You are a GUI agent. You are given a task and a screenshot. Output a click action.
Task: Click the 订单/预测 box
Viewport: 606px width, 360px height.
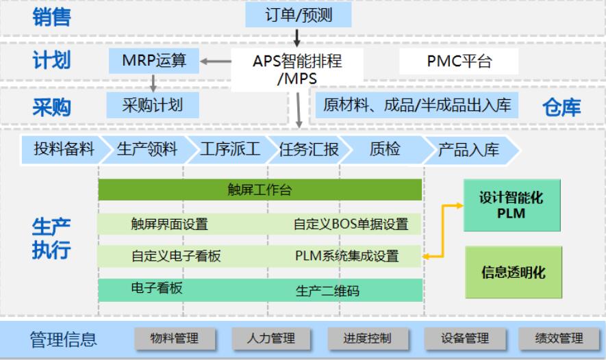click(x=299, y=14)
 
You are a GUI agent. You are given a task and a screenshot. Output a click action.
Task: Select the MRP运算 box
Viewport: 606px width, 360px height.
click(x=154, y=61)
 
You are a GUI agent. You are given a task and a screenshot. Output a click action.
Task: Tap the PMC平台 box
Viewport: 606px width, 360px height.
click(x=459, y=61)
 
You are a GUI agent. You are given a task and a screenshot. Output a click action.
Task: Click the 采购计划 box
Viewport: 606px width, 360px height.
click(x=153, y=105)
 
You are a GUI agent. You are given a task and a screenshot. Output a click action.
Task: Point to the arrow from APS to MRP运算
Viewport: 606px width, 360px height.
click(x=215, y=61)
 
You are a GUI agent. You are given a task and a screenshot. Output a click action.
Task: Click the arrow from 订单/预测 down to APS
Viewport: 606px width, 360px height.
click(x=296, y=38)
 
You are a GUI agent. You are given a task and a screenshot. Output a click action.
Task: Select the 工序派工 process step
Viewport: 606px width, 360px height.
click(x=230, y=149)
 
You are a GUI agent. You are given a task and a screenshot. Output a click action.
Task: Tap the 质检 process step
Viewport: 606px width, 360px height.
click(x=385, y=149)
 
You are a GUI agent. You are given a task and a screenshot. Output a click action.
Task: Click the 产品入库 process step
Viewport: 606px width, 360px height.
click(x=469, y=150)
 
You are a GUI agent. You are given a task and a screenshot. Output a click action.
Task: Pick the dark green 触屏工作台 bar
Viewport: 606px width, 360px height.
click(x=260, y=190)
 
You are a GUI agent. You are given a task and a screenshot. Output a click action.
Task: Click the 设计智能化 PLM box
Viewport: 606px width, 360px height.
click(x=512, y=205)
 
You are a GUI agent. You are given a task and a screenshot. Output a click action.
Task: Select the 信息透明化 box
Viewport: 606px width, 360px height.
click(x=514, y=272)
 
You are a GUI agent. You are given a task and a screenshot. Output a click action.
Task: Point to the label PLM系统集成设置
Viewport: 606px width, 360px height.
click(x=346, y=256)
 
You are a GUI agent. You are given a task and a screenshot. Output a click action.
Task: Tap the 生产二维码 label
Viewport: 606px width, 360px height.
click(x=328, y=291)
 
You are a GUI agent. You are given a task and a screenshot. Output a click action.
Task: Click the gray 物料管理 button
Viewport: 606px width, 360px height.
click(x=175, y=339)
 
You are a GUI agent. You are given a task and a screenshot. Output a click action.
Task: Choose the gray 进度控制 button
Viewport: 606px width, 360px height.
click(x=368, y=339)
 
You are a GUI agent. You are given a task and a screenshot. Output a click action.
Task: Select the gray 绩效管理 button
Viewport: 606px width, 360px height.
click(x=559, y=339)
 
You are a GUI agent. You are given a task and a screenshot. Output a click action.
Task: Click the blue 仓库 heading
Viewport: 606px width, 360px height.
click(x=561, y=107)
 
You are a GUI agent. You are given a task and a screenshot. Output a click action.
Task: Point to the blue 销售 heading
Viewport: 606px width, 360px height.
click(x=51, y=17)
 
